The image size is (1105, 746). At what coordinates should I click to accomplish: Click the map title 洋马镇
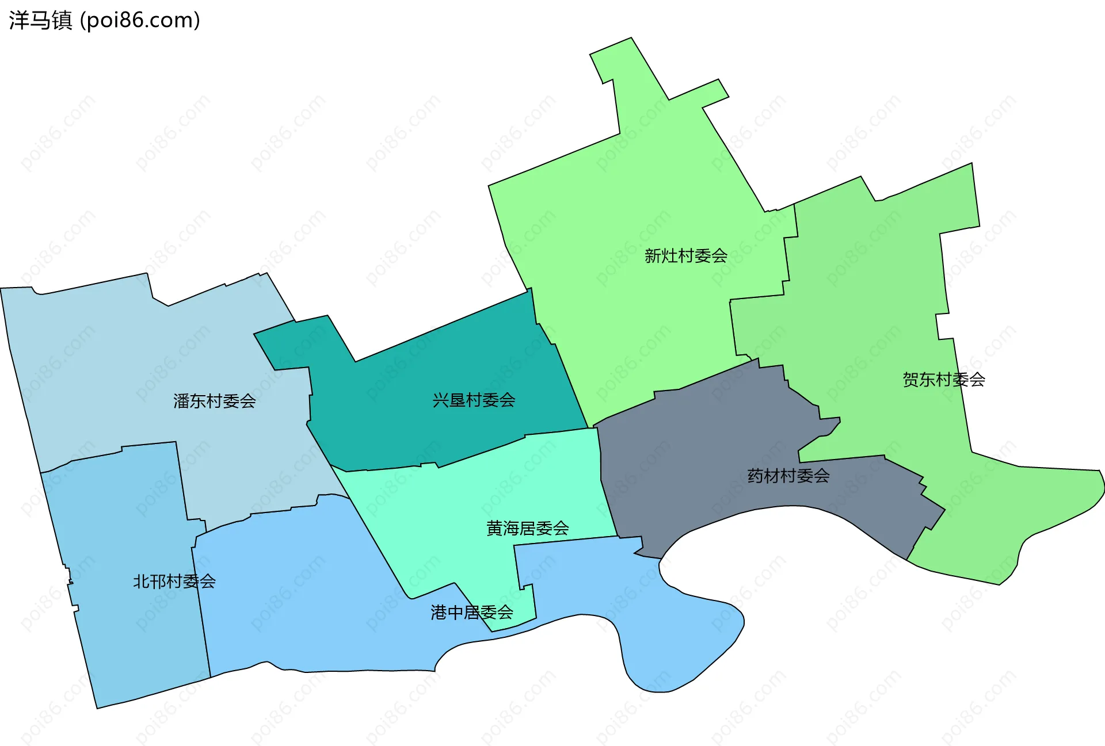(x=40, y=20)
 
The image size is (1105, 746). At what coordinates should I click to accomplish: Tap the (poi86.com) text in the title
(x=140, y=20)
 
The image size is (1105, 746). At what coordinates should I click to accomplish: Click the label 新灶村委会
(x=685, y=255)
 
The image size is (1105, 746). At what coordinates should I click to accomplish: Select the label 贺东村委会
(x=943, y=380)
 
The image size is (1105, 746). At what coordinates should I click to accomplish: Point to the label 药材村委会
(x=788, y=476)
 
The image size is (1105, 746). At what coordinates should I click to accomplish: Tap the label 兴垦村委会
(x=474, y=400)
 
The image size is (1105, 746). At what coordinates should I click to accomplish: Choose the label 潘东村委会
(x=215, y=401)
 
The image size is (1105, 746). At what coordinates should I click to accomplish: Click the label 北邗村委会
(x=174, y=582)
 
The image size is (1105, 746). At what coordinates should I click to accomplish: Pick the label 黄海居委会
(x=527, y=528)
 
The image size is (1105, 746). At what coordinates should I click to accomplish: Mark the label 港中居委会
(x=472, y=613)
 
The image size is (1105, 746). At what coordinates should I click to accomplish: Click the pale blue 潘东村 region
(x=144, y=357)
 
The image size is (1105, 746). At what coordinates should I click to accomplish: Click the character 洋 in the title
(x=18, y=20)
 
